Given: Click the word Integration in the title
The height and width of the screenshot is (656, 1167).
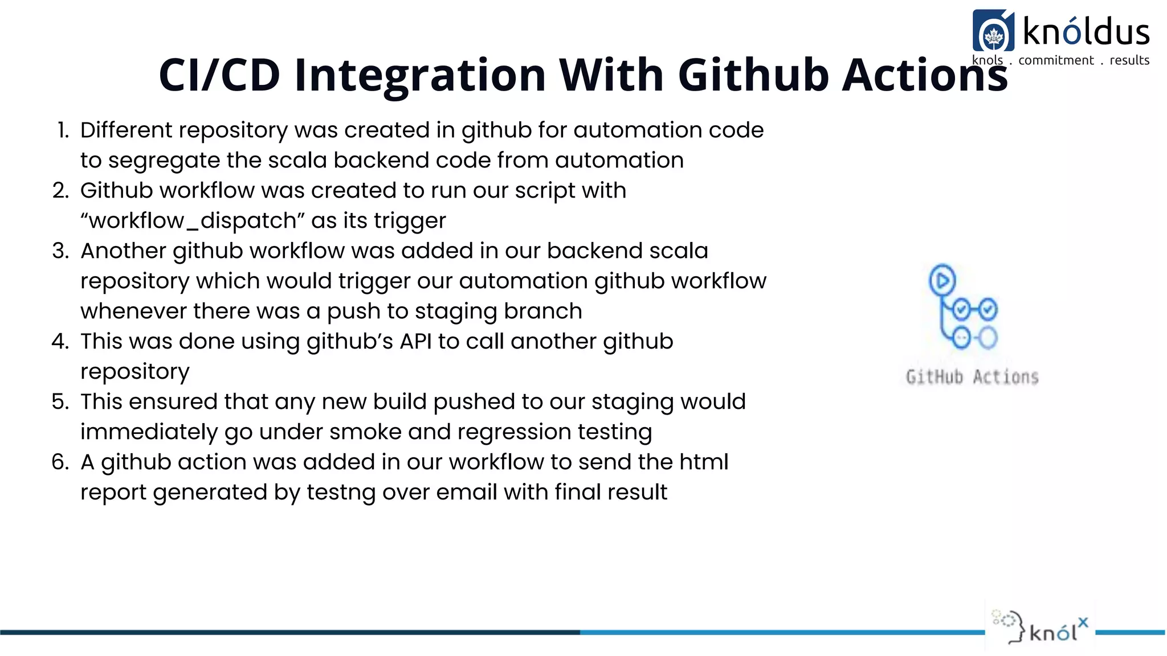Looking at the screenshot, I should pos(420,75).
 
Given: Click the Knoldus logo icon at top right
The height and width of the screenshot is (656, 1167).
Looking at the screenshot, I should pos(993,31).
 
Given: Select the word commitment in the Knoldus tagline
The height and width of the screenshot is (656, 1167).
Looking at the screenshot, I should pos(1056,60).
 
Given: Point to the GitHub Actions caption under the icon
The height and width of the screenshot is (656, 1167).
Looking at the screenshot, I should pos(972,377).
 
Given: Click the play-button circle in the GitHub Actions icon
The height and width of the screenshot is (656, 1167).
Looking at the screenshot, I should pos(942,280).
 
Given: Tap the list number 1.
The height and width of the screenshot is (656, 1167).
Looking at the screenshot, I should pos(63,130).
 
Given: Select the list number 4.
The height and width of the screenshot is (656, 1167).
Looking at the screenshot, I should pos(60,342).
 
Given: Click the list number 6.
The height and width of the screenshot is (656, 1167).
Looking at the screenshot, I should pos(60,462).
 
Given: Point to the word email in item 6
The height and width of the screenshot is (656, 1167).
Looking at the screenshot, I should pos(466,493).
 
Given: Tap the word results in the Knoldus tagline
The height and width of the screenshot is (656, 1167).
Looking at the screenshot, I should pos(1129,60).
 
